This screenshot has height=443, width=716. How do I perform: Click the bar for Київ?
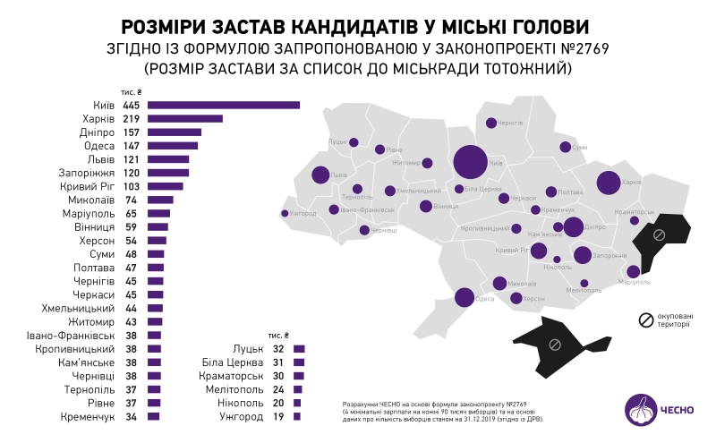224,106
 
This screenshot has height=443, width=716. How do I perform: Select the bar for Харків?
185,119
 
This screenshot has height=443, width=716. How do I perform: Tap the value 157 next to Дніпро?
132,132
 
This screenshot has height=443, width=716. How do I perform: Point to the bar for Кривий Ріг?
166,187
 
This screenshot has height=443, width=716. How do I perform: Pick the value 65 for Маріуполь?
131,214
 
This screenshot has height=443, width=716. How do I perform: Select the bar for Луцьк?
299,349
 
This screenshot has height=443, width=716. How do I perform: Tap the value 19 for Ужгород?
277,417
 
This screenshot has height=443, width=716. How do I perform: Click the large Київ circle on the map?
470,163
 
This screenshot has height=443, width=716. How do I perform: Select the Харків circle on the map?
609,183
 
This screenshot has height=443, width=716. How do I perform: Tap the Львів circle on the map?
320,175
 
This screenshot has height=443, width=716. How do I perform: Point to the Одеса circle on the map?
465,297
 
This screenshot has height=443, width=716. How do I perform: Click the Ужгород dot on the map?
285,213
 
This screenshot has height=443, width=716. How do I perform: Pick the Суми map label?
579,147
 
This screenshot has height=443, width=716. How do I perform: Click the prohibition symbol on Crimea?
555,342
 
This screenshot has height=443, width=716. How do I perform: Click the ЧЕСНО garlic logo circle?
642,410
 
